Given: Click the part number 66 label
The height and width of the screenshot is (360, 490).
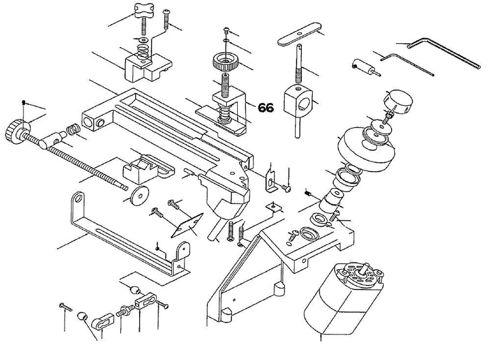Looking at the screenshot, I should [266, 108].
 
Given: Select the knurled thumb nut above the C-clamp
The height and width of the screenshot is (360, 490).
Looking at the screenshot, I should [224, 63].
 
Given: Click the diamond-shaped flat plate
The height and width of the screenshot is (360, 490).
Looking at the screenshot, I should [187, 225].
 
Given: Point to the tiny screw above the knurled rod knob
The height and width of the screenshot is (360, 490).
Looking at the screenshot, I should [23, 103].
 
